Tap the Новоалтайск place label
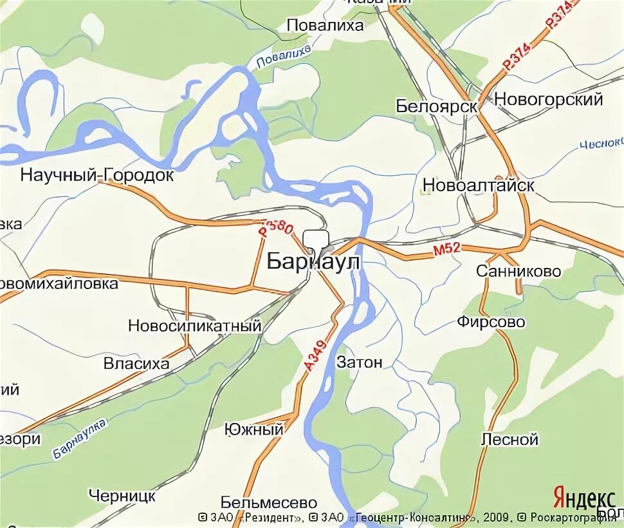coord(479,185)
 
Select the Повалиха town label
coord(325,25)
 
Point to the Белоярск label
coord(437,106)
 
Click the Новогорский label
coord(549,100)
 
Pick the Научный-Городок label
coord(97,174)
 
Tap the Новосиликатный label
coord(195,326)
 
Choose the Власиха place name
coord(136,364)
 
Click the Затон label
coord(360,363)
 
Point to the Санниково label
coord(518,271)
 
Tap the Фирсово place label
coord(491,321)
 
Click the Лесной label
coord(509,440)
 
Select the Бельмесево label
coord(269,502)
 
